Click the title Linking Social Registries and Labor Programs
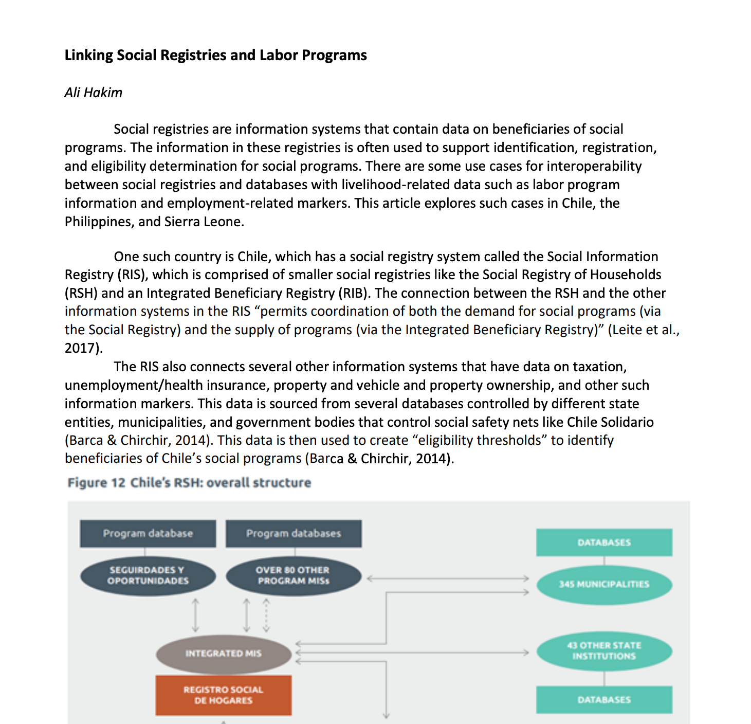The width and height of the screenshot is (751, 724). (x=215, y=55)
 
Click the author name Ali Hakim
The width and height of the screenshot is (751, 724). (x=93, y=93)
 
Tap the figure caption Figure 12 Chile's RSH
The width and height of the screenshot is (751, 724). (x=189, y=483)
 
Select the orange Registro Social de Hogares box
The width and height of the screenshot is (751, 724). (x=223, y=695)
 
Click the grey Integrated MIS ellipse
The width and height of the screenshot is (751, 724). (x=223, y=654)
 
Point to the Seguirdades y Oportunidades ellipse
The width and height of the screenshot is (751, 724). (x=148, y=575)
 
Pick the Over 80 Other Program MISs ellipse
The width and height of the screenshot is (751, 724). (x=294, y=575)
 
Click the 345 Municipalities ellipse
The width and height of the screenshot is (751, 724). (x=604, y=584)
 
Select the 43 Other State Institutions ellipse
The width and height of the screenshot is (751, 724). (x=604, y=651)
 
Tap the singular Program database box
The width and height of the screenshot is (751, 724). (x=148, y=533)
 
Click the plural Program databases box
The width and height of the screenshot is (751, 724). (x=294, y=533)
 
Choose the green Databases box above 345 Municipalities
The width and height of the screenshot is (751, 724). (x=604, y=542)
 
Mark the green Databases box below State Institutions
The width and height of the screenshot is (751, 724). (x=604, y=699)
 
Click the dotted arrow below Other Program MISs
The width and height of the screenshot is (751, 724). (x=266, y=615)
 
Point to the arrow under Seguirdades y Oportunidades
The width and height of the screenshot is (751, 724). (x=195, y=615)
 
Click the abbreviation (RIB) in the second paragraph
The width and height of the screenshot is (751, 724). (x=353, y=293)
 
